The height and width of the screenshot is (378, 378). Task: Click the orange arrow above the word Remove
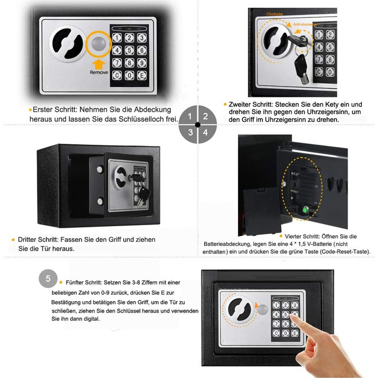click(x=99, y=65)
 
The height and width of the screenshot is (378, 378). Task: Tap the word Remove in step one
click(x=99, y=72)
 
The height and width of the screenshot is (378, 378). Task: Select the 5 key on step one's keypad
click(x=130, y=50)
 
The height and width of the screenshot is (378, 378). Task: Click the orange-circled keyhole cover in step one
click(x=99, y=44)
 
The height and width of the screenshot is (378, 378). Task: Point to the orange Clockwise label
click(x=274, y=14)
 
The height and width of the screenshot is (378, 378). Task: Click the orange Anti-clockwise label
click(x=305, y=25)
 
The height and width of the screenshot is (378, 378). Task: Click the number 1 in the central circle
click(x=190, y=117)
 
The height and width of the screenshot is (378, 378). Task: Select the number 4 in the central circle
click(x=205, y=132)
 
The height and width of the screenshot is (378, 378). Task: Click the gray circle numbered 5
click(x=48, y=279)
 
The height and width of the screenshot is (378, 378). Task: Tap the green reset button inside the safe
click(x=306, y=210)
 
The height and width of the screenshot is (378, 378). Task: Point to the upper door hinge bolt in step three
click(x=100, y=169)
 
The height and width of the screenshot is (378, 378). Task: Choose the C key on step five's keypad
click(x=276, y=333)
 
